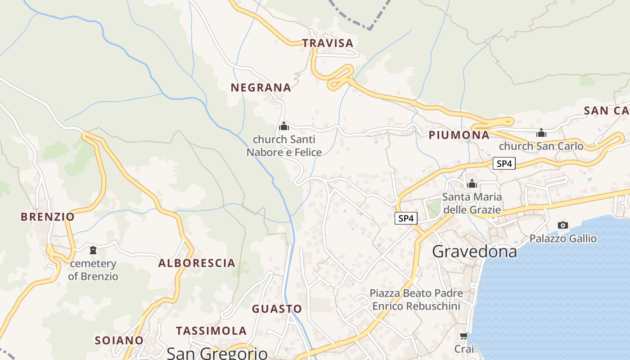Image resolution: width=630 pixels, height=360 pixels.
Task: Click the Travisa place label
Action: pos(328,43)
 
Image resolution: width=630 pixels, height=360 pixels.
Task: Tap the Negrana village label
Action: pos(261,88)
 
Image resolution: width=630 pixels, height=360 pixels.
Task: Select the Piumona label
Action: pos(459,135)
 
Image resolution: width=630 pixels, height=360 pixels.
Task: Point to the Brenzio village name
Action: pos(48,217)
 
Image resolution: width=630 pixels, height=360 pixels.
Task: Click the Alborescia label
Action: pos(197,263)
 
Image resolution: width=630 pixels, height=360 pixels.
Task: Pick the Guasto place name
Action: pos(277,309)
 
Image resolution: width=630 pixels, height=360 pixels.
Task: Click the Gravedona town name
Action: pos(474,252)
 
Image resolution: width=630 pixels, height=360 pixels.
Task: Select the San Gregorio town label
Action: pos(217,353)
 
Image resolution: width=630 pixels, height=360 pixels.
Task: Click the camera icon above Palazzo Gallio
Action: pos(562,225)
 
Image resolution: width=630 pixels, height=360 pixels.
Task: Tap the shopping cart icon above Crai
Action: pos(464,336)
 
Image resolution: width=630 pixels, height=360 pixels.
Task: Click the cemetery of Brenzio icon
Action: pos(93,250)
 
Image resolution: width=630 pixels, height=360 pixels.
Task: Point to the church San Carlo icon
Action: pos(541,133)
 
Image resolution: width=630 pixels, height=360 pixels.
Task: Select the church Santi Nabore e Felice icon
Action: pos(284,126)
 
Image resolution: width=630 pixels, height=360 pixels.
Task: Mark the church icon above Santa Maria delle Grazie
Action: pos(472,184)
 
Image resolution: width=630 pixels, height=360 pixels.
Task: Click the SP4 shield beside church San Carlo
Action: pos(504,164)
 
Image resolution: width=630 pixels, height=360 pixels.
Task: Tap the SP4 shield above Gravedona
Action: pos(406,219)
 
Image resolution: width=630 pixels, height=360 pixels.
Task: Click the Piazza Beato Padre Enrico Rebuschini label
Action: pos(416,300)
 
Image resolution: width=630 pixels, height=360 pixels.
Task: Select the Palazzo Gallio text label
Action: pos(563,238)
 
